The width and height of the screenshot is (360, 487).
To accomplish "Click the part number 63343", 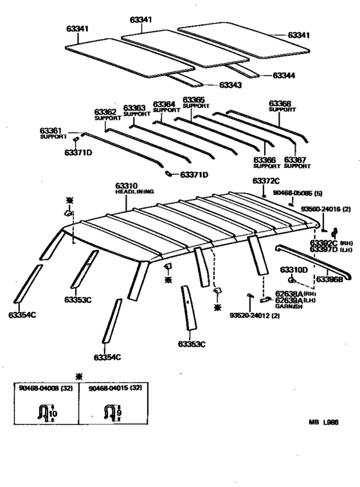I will click(x=233, y=85).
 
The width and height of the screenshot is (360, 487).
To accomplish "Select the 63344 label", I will click(x=283, y=75).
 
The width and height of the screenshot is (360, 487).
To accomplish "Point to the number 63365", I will click(x=194, y=100).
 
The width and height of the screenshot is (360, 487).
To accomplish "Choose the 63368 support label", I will click(x=280, y=103).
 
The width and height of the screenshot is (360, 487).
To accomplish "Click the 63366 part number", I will click(x=265, y=160).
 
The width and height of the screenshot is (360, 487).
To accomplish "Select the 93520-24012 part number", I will click(x=253, y=315).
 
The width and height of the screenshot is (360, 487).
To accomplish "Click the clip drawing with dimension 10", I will click(x=46, y=412).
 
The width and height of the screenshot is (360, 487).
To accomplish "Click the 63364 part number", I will click(x=163, y=104).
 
